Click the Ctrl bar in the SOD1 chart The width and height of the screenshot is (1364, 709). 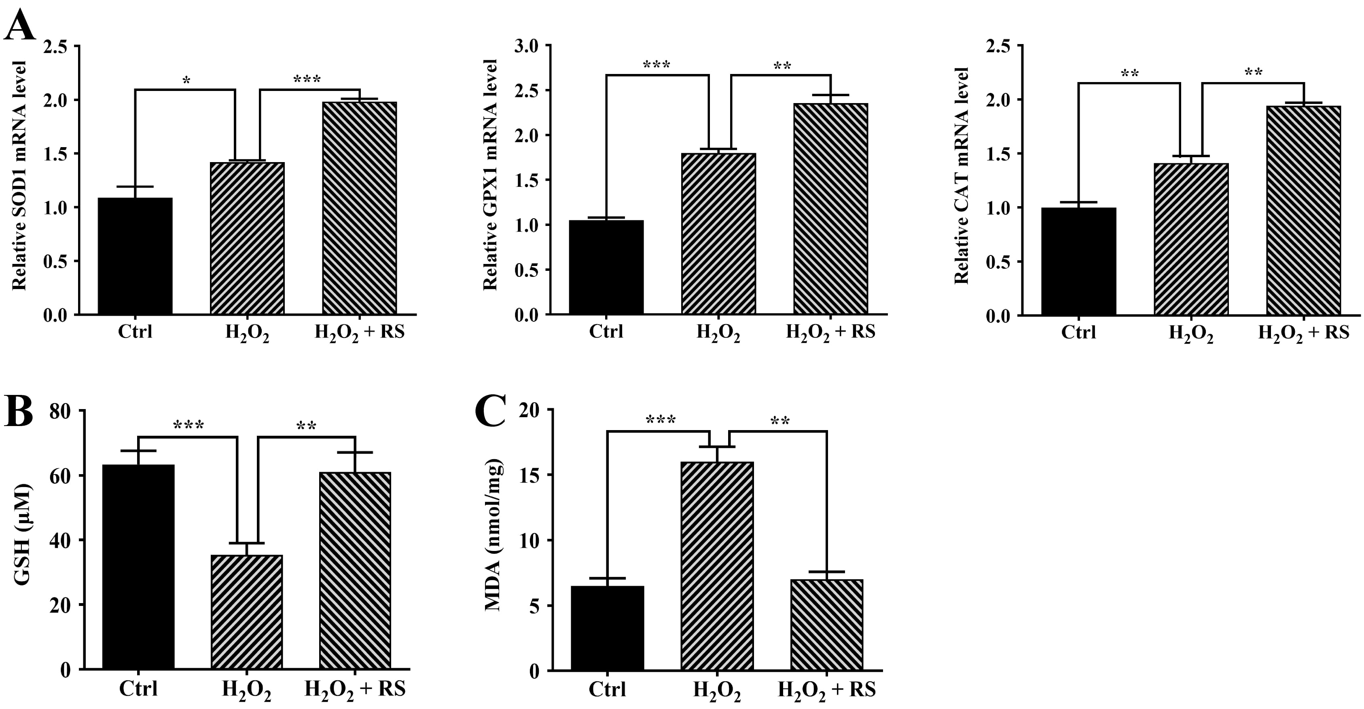[135, 256]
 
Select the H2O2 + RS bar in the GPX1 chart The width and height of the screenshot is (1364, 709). [830, 209]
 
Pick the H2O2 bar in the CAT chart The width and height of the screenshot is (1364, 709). [1191, 239]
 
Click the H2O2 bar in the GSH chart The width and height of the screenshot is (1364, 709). [247, 612]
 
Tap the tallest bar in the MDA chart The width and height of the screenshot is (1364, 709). [717, 566]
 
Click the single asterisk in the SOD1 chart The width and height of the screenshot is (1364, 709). [186, 80]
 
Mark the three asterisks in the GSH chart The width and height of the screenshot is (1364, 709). [189, 425]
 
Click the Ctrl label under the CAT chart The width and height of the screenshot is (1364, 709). [1078, 332]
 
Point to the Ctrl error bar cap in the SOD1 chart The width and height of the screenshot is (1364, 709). [135, 187]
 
